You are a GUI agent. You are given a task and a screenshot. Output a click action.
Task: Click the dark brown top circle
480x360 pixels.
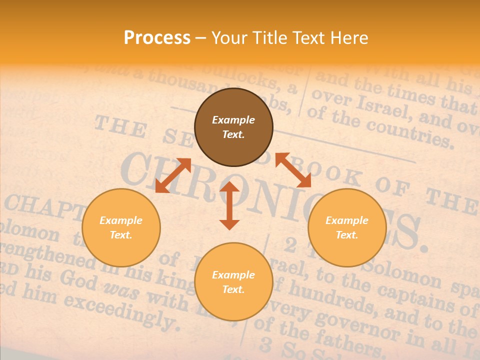(x=233, y=127)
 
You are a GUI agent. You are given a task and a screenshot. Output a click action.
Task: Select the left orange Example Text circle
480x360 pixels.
(x=121, y=227)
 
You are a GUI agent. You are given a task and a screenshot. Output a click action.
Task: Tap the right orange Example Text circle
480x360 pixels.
(x=347, y=227)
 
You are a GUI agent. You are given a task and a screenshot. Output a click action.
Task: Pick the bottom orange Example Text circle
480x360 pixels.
(x=233, y=282)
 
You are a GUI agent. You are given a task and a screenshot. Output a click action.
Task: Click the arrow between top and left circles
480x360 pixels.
(x=173, y=175)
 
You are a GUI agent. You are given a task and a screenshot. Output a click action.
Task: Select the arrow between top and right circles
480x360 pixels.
(x=293, y=170)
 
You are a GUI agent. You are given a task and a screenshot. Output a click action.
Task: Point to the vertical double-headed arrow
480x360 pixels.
(x=229, y=205)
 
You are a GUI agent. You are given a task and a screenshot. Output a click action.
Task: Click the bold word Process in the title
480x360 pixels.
(x=157, y=38)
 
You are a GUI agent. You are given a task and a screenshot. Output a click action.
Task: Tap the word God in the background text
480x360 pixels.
(x=80, y=281)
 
